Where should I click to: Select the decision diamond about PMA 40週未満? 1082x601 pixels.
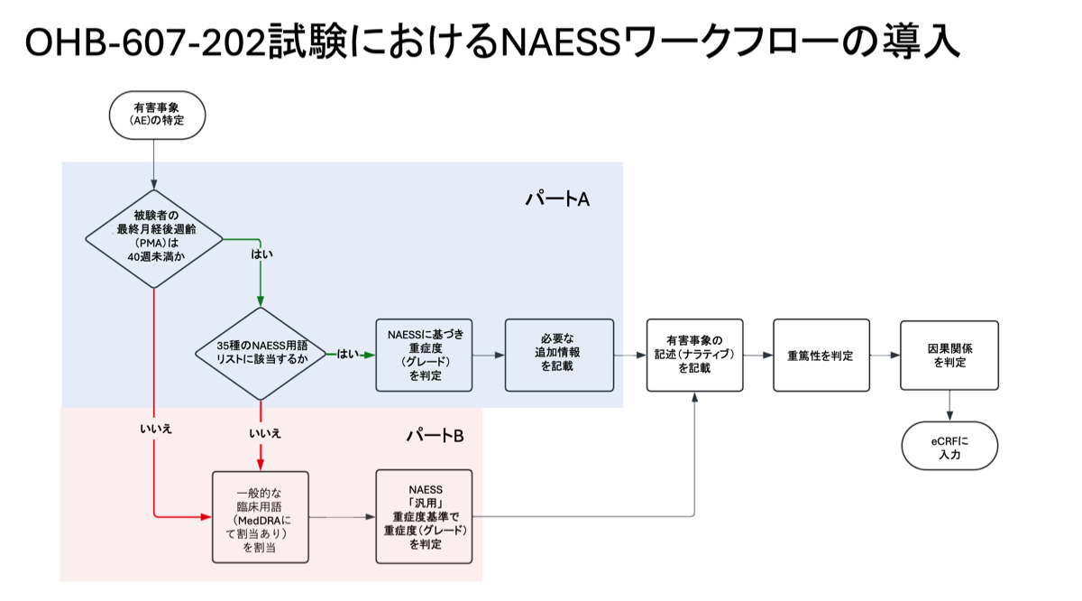154,239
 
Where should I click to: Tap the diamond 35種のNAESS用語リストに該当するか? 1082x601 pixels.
261,355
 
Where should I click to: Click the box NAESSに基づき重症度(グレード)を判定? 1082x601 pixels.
424,355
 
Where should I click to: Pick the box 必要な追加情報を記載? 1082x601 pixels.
559,355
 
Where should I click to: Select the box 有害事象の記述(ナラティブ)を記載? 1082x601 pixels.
694,355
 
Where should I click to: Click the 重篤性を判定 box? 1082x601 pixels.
821,355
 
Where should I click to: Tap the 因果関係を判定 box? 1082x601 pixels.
949,355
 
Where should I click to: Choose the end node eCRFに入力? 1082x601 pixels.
949,446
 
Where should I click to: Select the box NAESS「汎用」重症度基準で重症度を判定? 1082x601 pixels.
424,517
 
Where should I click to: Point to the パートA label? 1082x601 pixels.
557,199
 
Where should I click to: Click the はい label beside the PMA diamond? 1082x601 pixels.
261,254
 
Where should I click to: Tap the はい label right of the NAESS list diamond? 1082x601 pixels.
347,355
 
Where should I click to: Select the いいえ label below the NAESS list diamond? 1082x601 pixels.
264,433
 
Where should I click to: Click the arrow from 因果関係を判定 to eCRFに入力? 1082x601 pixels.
949,405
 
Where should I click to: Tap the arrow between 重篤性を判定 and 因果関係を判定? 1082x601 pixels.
885,355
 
